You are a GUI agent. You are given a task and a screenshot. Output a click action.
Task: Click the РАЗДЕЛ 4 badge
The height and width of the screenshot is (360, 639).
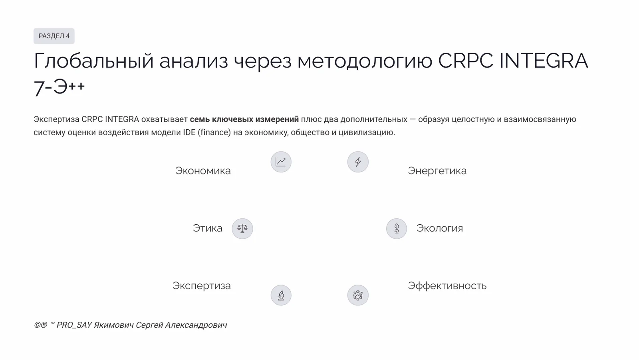coord(54,36)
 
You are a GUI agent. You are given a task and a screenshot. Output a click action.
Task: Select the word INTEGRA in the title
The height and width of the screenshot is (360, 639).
coord(544,61)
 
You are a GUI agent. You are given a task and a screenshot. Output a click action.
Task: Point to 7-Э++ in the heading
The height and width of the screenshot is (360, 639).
coord(59,87)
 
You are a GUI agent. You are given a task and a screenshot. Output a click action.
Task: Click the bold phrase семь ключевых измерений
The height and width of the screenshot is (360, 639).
coord(244,119)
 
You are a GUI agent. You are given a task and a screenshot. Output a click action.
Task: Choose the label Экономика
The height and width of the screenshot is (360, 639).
coord(203,171)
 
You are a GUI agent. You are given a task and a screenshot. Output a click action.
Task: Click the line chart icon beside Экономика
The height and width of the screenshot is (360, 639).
coord(281,162)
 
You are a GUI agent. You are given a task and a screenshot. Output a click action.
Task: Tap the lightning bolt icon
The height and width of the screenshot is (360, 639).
coord(358,162)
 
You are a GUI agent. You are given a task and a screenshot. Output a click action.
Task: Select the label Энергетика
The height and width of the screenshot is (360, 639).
coord(437,171)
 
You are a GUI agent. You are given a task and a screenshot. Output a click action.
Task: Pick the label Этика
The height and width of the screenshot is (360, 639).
coord(207,228)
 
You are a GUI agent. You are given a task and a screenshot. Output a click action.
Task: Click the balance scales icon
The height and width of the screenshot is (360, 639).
coord(242,229)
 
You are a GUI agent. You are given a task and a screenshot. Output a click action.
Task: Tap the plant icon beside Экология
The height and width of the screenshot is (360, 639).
coord(397,229)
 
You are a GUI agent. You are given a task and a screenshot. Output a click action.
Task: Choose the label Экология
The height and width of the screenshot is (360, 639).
coord(439,228)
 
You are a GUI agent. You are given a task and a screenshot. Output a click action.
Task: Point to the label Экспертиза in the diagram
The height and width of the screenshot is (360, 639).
coord(201,286)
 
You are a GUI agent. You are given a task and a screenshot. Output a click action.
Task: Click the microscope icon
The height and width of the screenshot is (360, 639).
coord(281,295)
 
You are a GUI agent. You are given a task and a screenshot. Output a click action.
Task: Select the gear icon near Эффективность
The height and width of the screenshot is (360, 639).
coord(358,295)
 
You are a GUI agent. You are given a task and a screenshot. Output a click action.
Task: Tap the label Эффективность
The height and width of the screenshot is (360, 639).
coord(447,286)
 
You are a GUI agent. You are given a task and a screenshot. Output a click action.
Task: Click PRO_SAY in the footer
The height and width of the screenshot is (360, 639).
coord(74,325)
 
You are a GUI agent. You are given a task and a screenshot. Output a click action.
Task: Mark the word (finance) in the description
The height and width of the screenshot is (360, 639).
coord(214,133)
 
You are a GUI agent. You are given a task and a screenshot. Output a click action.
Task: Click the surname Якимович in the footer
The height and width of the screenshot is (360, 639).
coord(114,325)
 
